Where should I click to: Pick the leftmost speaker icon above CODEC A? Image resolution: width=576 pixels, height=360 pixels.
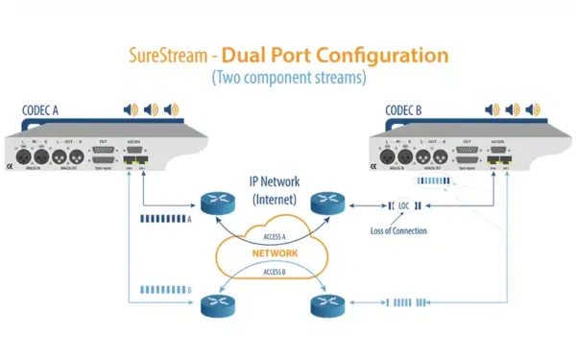(x=129, y=110)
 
